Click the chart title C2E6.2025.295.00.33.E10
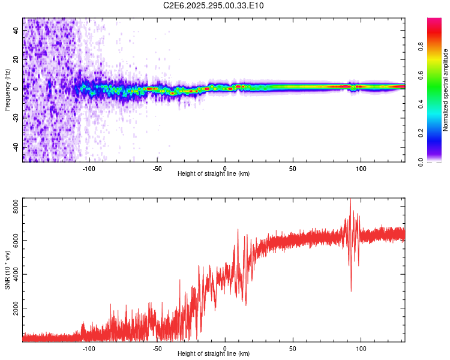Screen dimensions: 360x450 (x=214, y=5)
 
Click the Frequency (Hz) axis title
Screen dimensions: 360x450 (x=7, y=89)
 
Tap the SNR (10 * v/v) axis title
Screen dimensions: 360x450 (x=7, y=269)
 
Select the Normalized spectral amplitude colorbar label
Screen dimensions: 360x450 (x=446, y=90)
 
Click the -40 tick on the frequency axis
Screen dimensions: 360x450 (x=15, y=147)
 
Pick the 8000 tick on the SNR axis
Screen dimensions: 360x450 (x=13, y=206)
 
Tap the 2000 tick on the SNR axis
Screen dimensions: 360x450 (x=13, y=308)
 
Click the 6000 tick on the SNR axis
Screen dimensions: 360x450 (x=13, y=241)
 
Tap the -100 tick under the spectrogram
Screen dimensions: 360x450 (x=89, y=168)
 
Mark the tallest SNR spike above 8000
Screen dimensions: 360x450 (x=350, y=200)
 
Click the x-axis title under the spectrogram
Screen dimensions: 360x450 (x=214, y=174)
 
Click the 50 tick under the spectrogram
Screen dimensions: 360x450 (x=293, y=168)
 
